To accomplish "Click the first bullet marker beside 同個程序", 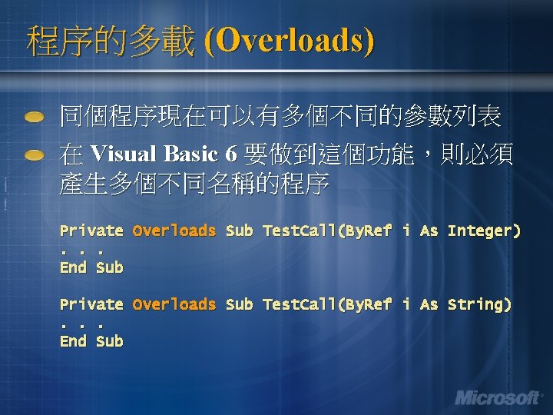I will tap(35, 118).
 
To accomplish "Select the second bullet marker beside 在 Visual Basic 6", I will tap(35, 155).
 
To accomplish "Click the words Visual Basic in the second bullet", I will tap(153, 154).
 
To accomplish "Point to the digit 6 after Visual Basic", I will tap(231, 154).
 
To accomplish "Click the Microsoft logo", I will tap(498, 397).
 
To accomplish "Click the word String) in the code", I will tap(479, 304).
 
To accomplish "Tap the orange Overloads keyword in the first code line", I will tap(174, 231).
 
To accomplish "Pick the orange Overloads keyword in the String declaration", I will tap(174, 304).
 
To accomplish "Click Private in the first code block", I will tap(91, 231).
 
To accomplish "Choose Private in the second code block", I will tap(91, 304).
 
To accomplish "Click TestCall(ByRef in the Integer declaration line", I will tap(327, 231).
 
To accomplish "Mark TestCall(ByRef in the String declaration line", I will tap(327, 304).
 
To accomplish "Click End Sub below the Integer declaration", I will tap(91, 267).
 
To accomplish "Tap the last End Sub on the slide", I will tap(91, 341).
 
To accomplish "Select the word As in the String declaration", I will tap(429, 304).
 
